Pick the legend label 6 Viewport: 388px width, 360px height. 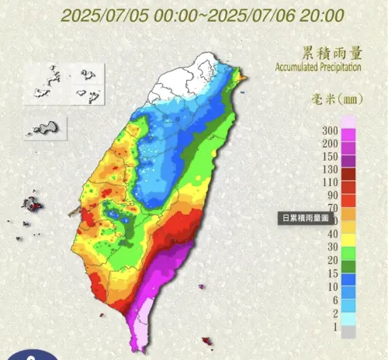click(x=333, y=299)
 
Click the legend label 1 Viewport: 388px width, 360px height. click(x=333, y=327)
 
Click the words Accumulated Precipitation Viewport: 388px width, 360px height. click(x=318, y=67)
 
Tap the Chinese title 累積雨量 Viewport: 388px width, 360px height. click(x=331, y=53)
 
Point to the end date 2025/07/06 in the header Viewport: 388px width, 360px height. click(x=253, y=15)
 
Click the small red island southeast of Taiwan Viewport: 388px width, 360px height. click(x=206, y=341)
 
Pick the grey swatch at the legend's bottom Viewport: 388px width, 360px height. click(x=350, y=331)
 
